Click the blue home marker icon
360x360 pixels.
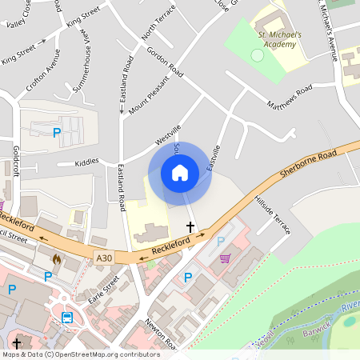click(x=180, y=173)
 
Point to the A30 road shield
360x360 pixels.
click(x=104, y=258)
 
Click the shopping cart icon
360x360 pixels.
click(x=225, y=258)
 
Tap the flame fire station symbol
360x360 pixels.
click(x=56, y=259)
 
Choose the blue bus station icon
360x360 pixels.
click(x=69, y=318)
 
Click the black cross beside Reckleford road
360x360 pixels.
click(x=190, y=227)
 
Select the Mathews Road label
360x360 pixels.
click(x=290, y=97)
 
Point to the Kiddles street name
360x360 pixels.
click(x=86, y=162)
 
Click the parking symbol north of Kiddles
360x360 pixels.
click(x=56, y=133)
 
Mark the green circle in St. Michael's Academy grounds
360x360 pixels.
click(x=257, y=56)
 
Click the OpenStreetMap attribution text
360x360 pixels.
click(x=81, y=354)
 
